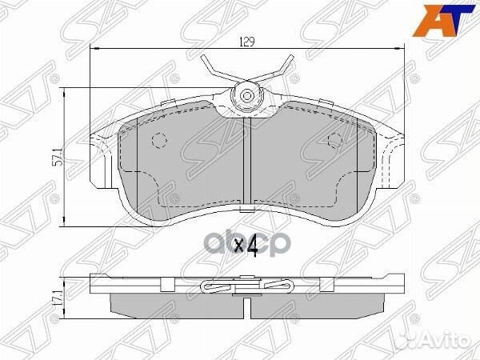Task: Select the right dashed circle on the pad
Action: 337,141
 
